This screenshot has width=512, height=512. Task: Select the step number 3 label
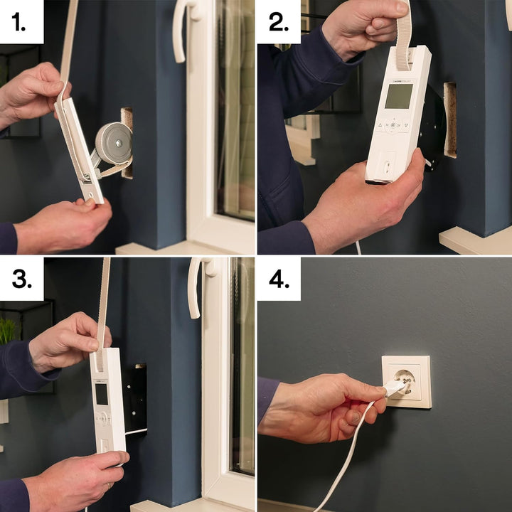click(x=21, y=279)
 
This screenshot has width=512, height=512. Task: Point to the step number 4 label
click(x=279, y=279)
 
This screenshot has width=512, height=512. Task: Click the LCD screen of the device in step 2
click(x=399, y=96)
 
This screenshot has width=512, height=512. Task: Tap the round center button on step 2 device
click(x=393, y=126)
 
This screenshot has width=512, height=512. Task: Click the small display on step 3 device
click(x=102, y=393)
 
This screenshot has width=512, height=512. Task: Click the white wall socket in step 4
click(x=406, y=381)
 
